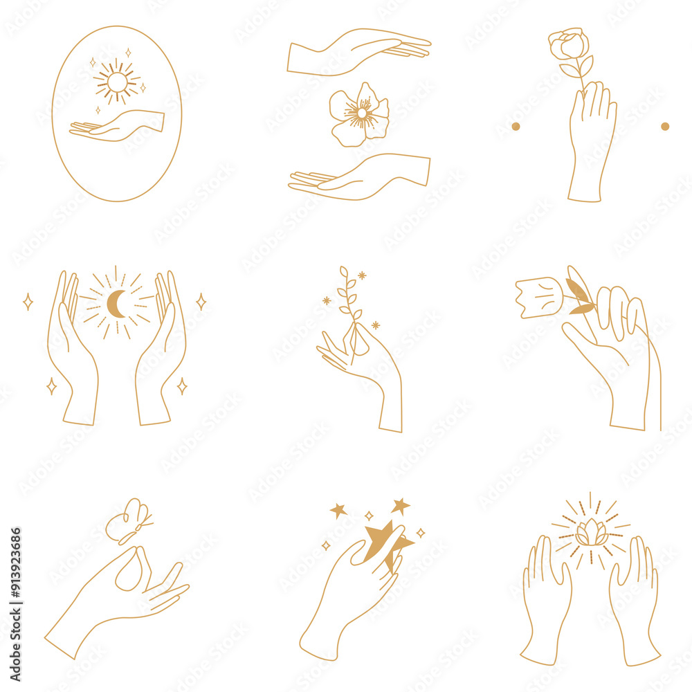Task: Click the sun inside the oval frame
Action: tap(117, 82)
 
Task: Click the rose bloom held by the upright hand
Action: tap(569, 44)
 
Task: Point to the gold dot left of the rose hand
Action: tap(516, 127)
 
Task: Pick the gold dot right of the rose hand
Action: tap(665, 127)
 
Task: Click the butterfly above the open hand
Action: tap(129, 520)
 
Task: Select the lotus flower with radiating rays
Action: tap(591, 534)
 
